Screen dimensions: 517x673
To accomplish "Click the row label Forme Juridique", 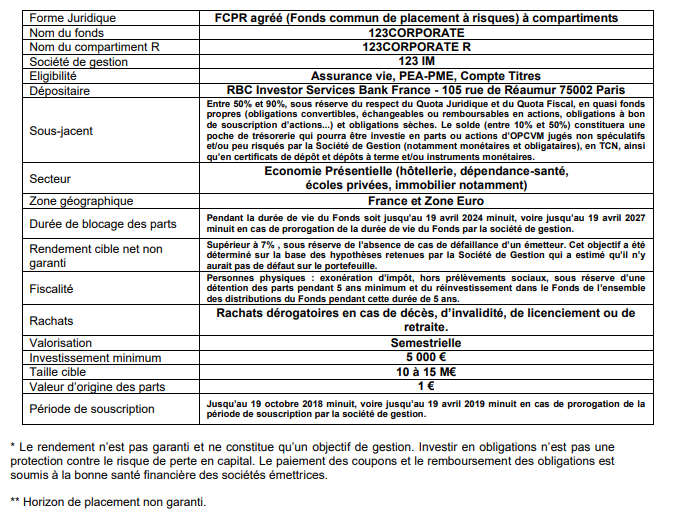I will tap(72, 18).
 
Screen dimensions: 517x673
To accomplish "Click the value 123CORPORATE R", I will tap(425, 47).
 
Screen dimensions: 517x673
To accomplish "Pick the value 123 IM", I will tap(425, 61).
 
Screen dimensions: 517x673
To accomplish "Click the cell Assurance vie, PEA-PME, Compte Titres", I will tap(425, 75).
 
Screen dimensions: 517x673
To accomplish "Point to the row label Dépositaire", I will tap(61, 90).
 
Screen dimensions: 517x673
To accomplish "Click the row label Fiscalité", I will tap(52, 288).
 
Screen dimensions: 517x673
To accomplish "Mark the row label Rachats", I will tap(53, 320).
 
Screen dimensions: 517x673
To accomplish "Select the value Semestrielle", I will tap(425, 341).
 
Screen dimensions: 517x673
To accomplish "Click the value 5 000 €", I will tap(425, 356).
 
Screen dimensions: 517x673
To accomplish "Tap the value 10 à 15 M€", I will tap(425, 371).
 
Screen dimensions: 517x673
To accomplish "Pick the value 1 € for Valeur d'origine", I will tap(425, 386).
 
